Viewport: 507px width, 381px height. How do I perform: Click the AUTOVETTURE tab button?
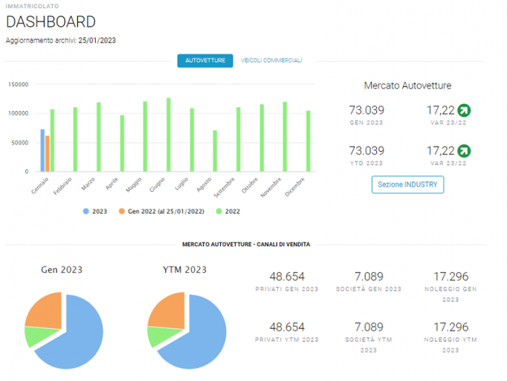[205, 60]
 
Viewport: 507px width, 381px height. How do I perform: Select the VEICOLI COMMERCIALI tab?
[271, 60]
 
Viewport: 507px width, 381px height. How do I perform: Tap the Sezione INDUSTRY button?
[407, 185]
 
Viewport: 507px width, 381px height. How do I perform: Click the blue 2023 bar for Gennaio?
[42, 150]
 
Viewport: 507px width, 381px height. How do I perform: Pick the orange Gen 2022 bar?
[48, 153]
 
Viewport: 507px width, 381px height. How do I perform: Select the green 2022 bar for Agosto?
[215, 151]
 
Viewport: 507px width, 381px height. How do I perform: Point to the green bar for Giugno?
[169, 135]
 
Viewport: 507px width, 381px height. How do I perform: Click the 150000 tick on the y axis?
[18, 85]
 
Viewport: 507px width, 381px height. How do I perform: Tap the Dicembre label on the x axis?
[294, 187]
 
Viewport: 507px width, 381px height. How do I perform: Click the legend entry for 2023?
[95, 211]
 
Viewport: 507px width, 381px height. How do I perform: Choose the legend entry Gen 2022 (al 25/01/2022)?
[161, 211]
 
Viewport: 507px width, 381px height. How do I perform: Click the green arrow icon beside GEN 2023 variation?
[465, 110]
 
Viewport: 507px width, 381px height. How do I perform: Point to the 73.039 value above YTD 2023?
[366, 150]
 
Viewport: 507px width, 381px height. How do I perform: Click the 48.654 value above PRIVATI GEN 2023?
[287, 276]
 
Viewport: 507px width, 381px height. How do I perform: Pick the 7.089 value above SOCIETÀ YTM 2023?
[369, 327]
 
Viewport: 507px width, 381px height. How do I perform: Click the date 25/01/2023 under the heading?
[97, 40]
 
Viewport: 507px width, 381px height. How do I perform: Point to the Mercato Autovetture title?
[407, 86]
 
